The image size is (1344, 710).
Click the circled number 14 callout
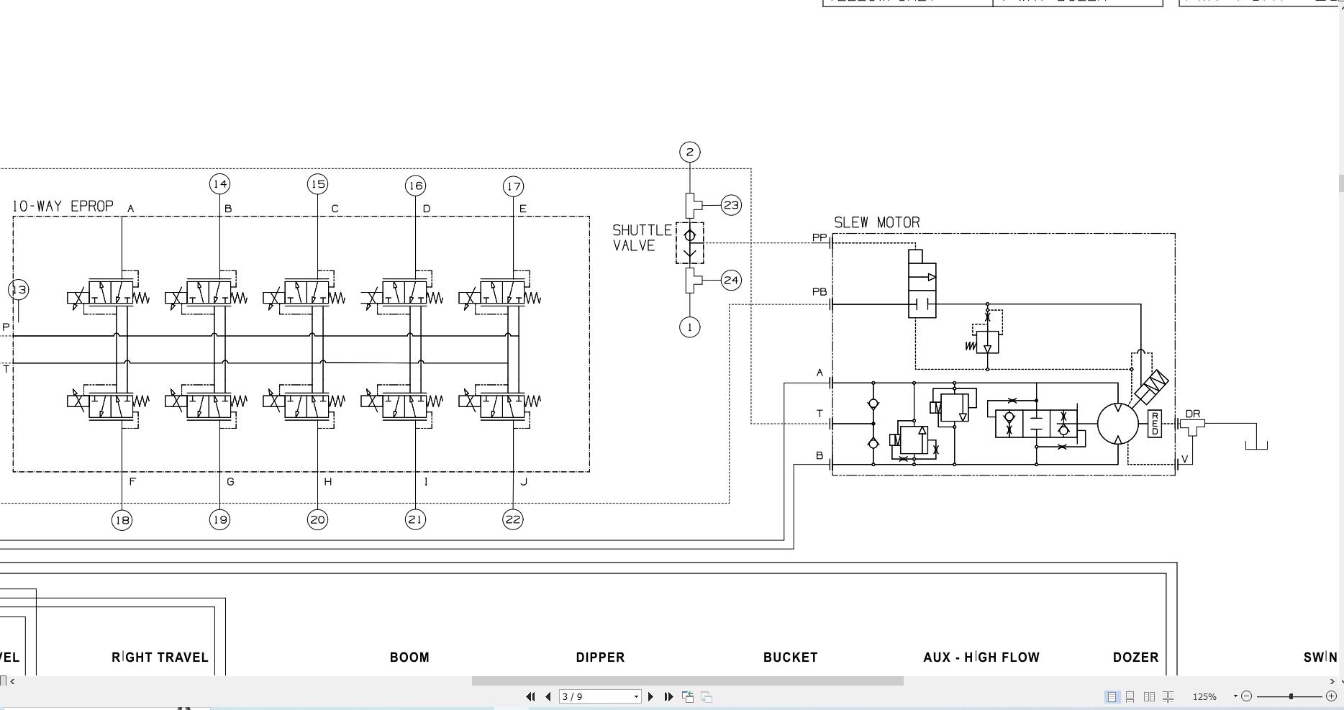(219, 184)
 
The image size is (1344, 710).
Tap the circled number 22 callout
(513, 519)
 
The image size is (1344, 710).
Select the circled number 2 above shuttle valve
(689, 152)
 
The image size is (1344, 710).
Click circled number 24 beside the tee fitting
(731, 281)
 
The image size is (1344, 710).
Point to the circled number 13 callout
(19, 290)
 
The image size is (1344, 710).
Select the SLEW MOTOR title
(876, 223)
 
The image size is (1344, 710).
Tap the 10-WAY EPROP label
(63, 206)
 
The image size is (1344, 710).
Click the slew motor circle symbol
(1117, 424)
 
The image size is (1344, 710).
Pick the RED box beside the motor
(1154, 424)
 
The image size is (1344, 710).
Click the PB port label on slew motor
(819, 292)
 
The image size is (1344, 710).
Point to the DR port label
(1192, 414)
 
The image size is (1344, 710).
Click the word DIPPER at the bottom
(600, 657)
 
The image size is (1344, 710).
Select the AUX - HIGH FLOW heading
(981, 657)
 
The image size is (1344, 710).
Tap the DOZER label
(1135, 657)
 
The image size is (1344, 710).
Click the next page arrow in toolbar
(650, 696)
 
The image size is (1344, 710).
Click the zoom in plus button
(1331, 696)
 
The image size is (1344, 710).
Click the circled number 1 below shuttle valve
(689, 327)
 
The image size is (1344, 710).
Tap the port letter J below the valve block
(523, 482)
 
